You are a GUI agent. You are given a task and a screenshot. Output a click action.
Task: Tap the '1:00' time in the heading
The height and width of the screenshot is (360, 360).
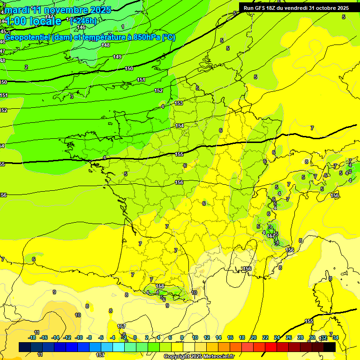click(15, 21)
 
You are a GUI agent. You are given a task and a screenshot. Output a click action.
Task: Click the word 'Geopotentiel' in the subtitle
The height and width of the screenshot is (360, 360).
click(28, 37)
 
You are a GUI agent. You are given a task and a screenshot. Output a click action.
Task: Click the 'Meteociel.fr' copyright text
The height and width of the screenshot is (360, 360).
click(218, 357)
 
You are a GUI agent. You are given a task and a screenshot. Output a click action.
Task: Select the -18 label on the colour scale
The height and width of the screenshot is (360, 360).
click(31, 337)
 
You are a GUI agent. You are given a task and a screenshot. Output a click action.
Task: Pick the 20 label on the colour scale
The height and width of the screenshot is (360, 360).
click(254, 337)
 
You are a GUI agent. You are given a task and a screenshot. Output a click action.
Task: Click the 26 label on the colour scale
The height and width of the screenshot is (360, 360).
click(288, 337)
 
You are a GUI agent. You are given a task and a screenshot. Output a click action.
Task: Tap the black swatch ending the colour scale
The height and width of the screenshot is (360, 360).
click(330, 347)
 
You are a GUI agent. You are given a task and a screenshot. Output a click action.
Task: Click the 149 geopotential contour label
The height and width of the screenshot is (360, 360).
click(117, 57)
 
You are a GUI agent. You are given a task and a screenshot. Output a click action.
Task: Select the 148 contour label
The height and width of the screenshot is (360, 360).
click(105, 45)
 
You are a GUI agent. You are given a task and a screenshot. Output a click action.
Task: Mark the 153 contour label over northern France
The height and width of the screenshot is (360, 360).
click(179, 103)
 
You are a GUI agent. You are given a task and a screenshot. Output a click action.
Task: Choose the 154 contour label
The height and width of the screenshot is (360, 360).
click(180, 126)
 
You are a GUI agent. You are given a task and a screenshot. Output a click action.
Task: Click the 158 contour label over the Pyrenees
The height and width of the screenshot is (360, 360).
click(160, 286)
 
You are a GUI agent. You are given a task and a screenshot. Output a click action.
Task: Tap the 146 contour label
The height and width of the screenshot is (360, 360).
click(82, 27)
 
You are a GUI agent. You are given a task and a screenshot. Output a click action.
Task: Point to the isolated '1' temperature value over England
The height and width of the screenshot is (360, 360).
click(123, 27)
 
